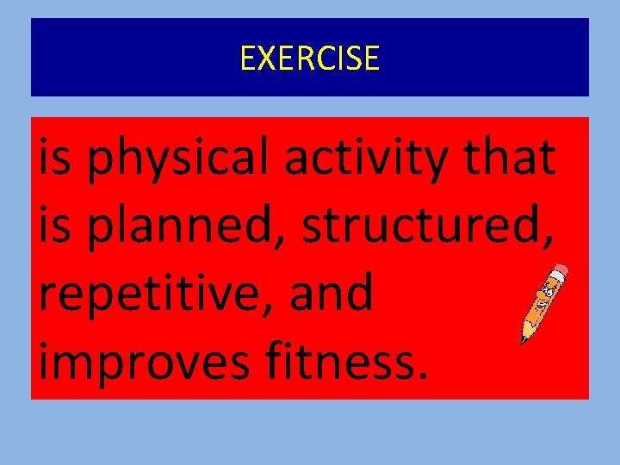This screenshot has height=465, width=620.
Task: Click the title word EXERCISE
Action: [309, 58]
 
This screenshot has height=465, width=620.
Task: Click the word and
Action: [331, 294]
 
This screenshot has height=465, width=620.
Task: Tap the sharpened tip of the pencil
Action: [523, 341]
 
